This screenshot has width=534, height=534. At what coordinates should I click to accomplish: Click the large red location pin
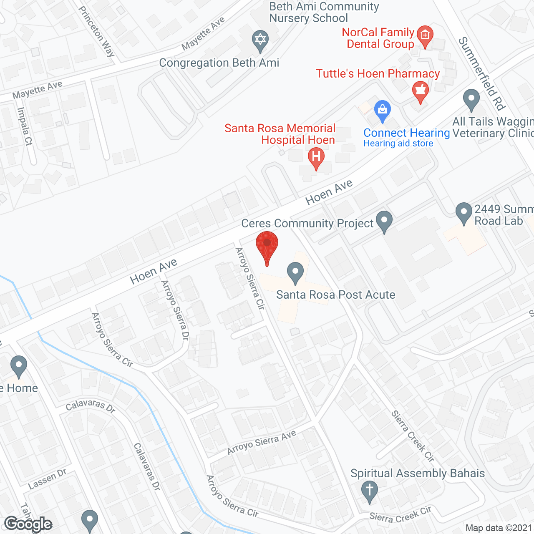pyautogui.click(x=267, y=245)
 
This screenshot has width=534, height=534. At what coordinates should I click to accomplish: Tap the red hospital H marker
pyautogui.click(x=316, y=158)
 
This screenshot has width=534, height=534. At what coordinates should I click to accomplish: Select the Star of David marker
pyautogui.click(x=260, y=41)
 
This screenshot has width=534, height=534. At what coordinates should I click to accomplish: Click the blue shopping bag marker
pyautogui.click(x=382, y=111)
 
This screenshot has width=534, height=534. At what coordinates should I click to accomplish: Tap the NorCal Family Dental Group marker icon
pyautogui.click(x=425, y=35)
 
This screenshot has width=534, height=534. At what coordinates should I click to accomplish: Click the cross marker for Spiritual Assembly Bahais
pyautogui.click(x=369, y=491)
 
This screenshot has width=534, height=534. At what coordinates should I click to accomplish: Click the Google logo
pyautogui.click(x=28, y=524)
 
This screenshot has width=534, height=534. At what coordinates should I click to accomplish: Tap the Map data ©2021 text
pyautogui.click(x=499, y=528)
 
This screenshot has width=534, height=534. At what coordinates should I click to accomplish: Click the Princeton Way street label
pyautogui.click(x=97, y=31)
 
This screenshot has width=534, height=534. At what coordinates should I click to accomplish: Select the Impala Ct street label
pyautogui.click(x=25, y=126)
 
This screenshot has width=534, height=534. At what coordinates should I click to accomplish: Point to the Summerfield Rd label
pyautogui.click(x=482, y=73)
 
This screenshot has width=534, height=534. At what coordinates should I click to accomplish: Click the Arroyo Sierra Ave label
pyautogui.click(x=262, y=442)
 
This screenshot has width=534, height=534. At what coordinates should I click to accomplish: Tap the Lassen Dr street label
pyautogui.click(x=47, y=479)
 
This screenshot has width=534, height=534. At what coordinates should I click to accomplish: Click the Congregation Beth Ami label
pyautogui.click(x=219, y=63)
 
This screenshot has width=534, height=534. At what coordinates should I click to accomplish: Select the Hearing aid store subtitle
pyautogui.click(x=398, y=144)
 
